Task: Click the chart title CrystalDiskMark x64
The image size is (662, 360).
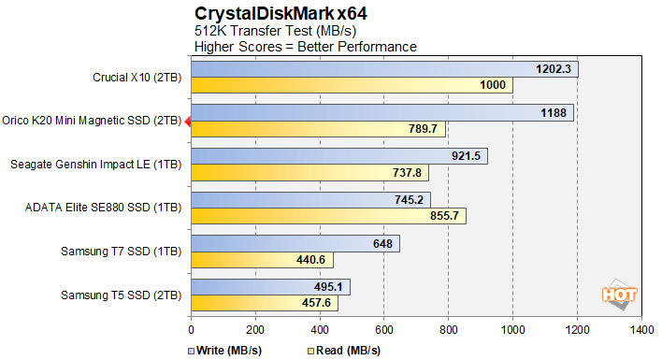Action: [267, 13]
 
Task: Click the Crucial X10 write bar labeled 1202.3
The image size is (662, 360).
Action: [384, 69]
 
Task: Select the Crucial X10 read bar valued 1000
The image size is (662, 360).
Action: [351, 86]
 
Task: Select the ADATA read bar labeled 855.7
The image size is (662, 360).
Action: [328, 216]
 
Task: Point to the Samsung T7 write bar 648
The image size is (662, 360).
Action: [295, 244]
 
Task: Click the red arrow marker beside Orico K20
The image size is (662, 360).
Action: [187, 121]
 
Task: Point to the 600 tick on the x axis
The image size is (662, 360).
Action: [384, 330]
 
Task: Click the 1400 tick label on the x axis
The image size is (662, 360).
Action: [641, 330]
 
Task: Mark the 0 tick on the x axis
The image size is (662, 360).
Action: [191, 330]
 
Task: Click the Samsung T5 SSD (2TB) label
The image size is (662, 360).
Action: [121, 295]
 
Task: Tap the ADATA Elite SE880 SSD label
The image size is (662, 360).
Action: [103, 208]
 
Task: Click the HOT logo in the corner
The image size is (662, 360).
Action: [620, 294]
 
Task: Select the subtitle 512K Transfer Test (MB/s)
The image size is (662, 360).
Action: [267, 31]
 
